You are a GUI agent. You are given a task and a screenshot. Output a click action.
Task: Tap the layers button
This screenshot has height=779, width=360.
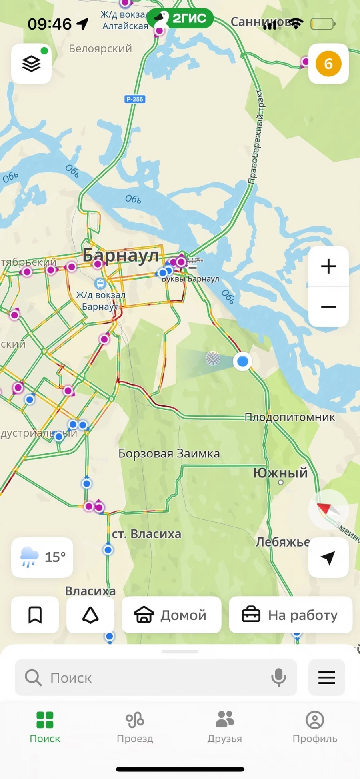31,64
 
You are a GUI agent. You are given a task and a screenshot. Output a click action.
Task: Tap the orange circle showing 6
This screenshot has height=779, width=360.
328,64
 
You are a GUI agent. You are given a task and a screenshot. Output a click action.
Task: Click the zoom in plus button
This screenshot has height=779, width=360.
328,266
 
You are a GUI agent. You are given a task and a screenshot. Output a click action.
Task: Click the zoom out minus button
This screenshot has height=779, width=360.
328,307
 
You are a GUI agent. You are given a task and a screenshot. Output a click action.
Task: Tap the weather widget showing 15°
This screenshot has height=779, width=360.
42,557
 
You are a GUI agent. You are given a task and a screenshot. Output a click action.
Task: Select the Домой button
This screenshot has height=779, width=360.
171,615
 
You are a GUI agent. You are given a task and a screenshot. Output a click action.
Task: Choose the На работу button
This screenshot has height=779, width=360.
290,615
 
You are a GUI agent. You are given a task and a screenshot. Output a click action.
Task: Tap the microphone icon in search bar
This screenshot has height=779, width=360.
278,677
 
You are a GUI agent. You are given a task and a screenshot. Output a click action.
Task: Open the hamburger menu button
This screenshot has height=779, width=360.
326,677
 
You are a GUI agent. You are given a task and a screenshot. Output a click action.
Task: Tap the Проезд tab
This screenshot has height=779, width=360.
135,727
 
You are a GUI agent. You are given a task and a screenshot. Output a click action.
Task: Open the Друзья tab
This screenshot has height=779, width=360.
225,727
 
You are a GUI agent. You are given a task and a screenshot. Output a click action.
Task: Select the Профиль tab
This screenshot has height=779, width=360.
315,727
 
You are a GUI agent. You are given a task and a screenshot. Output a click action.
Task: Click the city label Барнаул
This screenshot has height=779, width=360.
120,255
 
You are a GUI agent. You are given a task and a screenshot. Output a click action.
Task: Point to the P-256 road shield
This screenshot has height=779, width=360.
135,99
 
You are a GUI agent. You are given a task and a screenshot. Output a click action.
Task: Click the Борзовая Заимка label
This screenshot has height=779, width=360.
169,453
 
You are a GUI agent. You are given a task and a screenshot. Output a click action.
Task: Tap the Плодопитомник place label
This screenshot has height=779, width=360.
290,417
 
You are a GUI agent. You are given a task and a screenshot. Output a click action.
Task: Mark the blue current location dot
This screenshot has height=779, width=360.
242,361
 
